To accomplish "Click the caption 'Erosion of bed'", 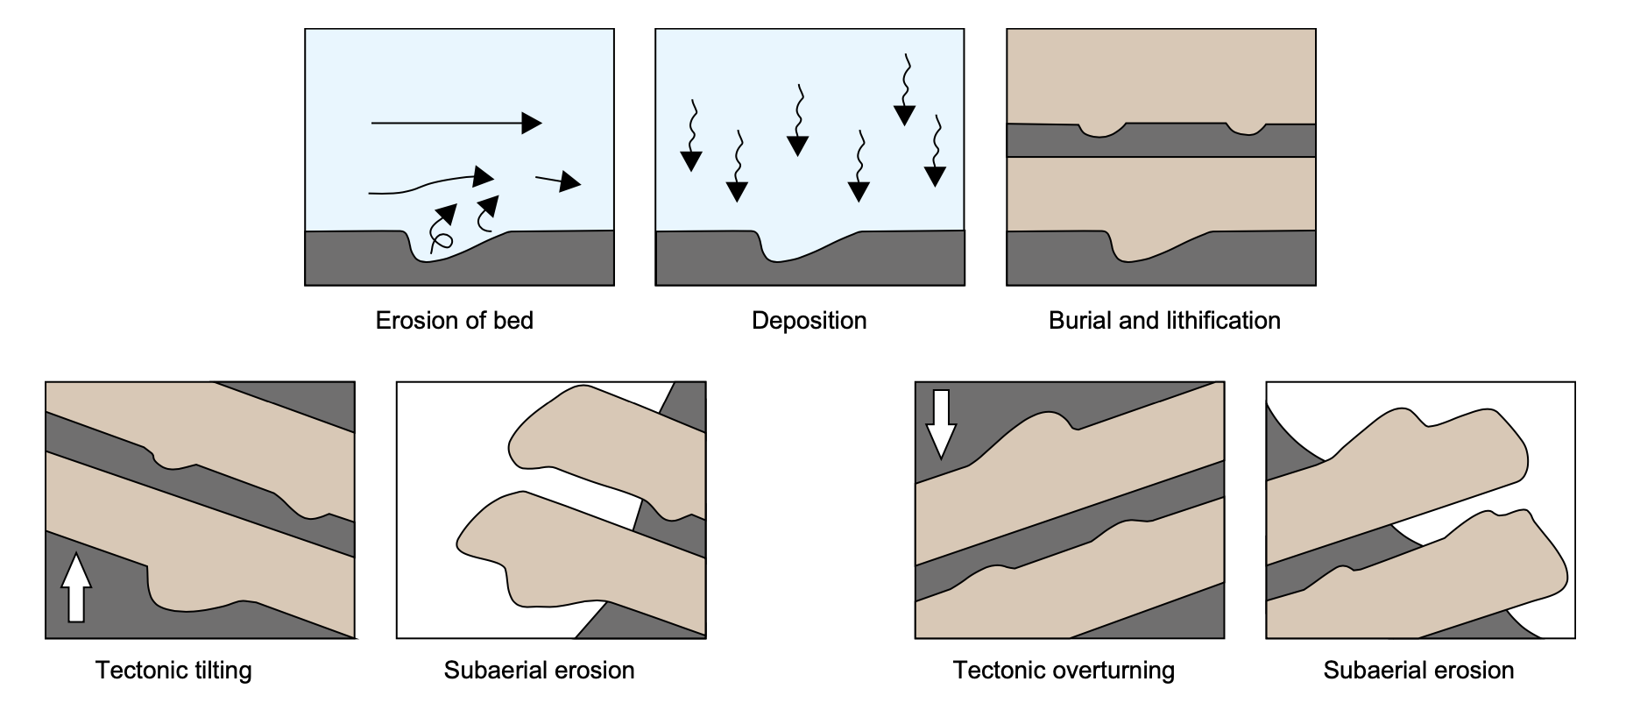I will pyautogui.click(x=454, y=321).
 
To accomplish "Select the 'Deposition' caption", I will pyautogui.click(x=809, y=321).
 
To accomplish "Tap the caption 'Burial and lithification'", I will pyautogui.click(x=1163, y=321).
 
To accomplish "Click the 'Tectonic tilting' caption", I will pyautogui.click(x=173, y=671).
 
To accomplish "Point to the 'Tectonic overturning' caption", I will pyautogui.click(x=1064, y=671).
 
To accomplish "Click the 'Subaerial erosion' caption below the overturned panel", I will pyautogui.click(x=1418, y=671).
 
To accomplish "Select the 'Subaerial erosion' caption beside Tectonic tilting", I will pyautogui.click(x=539, y=671).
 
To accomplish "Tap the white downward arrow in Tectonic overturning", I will pyautogui.click(x=941, y=424).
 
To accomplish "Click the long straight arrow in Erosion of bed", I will pyautogui.click(x=456, y=124).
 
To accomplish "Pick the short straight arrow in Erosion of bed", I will pyautogui.click(x=558, y=181).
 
